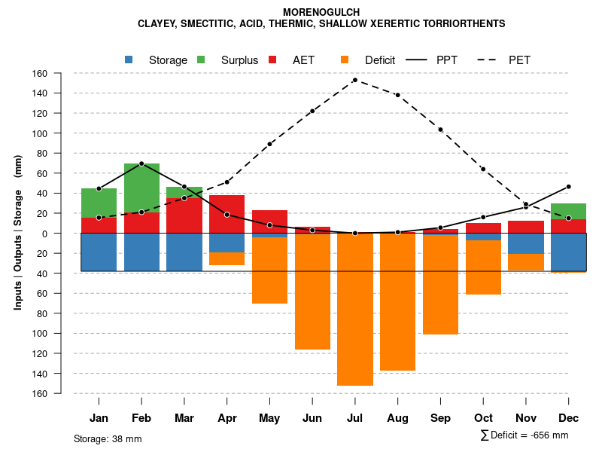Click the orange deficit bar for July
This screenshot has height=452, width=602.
coord(355,309)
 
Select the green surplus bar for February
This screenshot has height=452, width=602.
coord(141,188)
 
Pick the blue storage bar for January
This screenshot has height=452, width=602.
coord(99,252)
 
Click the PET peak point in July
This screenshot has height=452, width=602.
coord(355,80)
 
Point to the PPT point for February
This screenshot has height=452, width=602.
coord(141,163)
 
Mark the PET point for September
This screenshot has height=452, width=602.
coord(440,130)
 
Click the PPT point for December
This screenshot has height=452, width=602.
coord(568,186)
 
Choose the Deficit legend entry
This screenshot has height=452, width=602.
coord(379,60)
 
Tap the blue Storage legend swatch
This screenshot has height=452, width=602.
coord(129,60)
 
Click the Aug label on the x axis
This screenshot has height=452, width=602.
coord(397,418)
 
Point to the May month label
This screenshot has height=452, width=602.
coord(269,418)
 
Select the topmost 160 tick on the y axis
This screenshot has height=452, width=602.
coord(40,74)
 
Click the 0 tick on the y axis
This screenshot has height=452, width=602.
coord(45,234)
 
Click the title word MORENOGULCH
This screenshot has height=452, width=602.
coord(321,12)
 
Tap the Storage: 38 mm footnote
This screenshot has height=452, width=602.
coord(108,438)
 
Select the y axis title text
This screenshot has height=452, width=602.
coord(18,233)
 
